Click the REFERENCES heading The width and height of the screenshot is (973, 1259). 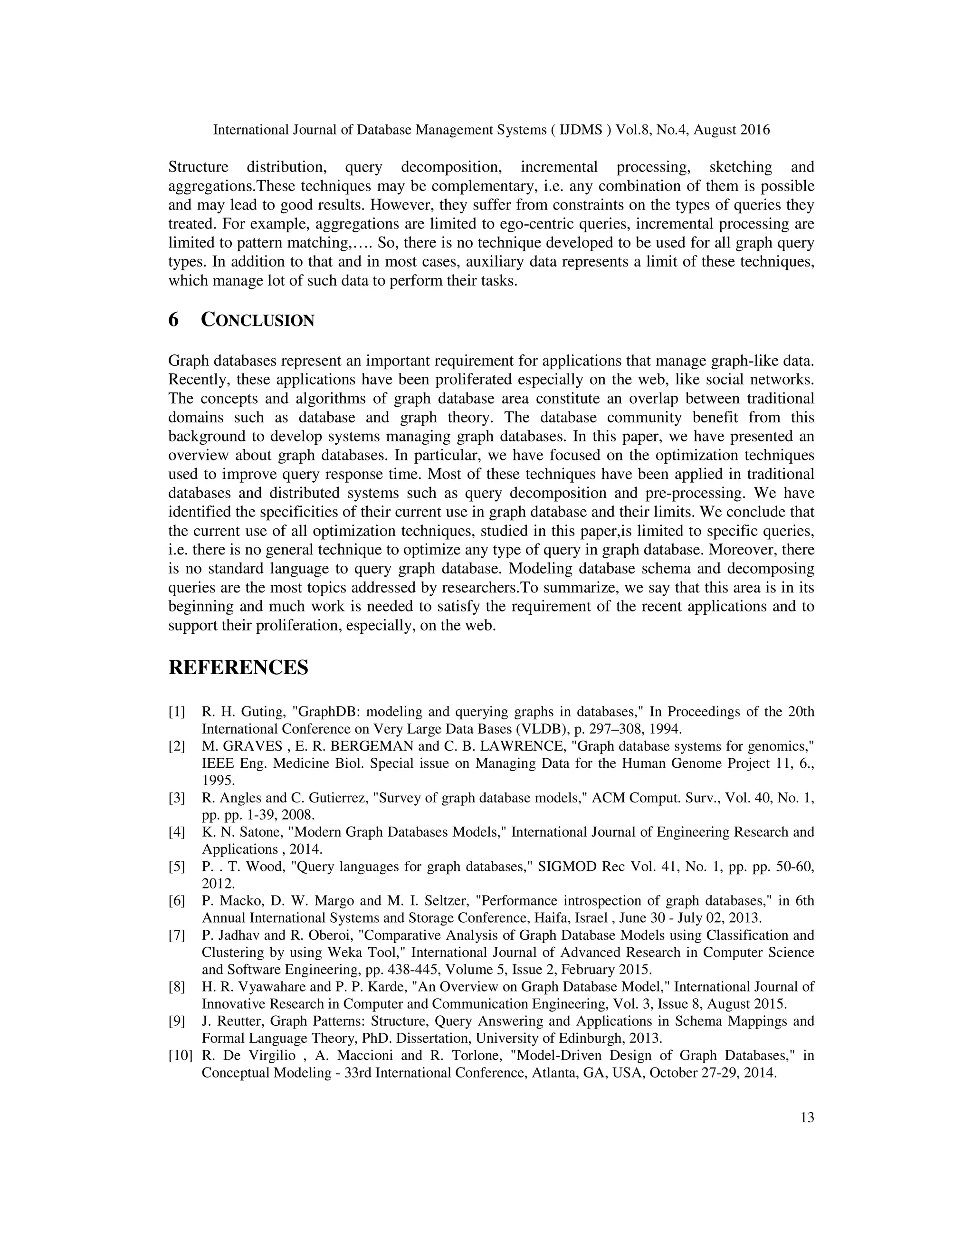[238, 668]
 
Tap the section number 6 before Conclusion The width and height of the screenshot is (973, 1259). [173, 320]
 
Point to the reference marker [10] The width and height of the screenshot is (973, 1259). [181, 1056]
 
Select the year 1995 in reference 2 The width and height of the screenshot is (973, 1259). [218, 781]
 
